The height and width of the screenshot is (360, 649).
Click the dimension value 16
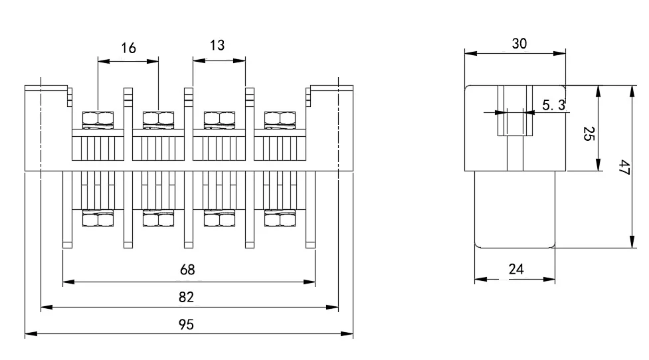point(128,48)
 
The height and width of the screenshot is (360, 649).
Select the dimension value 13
point(217,45)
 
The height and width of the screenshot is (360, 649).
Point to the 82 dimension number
point(187,297)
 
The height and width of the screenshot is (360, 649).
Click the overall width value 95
point(187,324)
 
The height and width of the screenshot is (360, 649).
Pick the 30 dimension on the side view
point(519,43)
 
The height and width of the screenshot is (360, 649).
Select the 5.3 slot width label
point(554,105)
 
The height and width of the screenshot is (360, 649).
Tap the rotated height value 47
point(623,167)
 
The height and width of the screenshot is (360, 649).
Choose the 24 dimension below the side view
point(516,269)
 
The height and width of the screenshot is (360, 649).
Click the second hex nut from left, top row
point(159,119)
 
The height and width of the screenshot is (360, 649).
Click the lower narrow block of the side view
point(515,209)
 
